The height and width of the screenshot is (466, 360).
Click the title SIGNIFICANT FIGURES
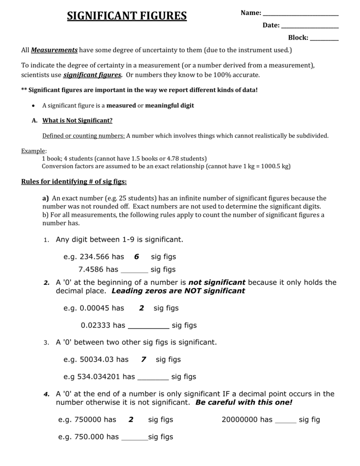127,16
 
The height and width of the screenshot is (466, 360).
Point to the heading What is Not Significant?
77,121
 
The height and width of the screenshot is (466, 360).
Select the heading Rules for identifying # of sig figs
74,182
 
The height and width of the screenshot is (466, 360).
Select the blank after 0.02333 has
149,326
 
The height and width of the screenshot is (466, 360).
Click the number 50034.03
97,360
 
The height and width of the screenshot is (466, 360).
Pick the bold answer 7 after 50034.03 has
144,360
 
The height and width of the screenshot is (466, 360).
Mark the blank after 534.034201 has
153,377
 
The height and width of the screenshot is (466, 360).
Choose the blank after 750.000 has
135,438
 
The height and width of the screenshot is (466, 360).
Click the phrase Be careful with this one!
244,403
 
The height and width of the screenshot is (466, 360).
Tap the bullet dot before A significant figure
35,106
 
